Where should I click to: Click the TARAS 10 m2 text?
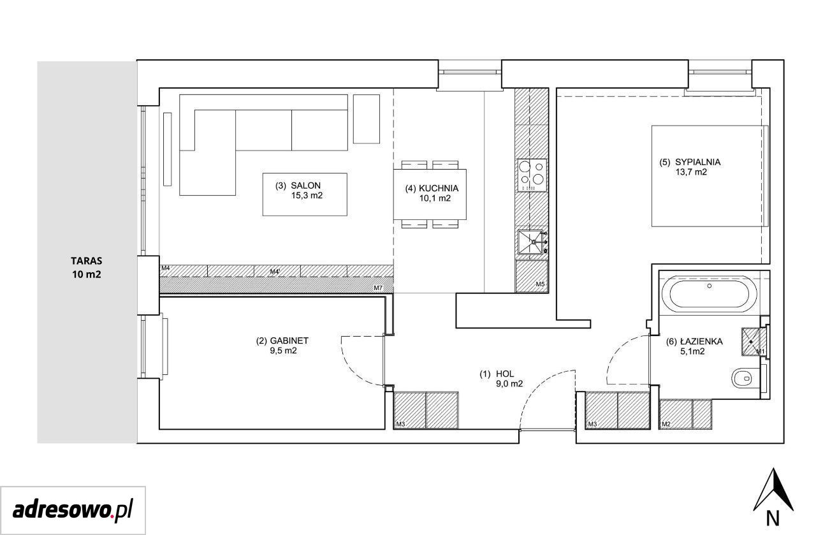pyautogui.click(x=86, y=268)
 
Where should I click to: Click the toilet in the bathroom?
pyautogui.click(x=743, y=378)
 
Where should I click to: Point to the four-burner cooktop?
pyautogui.click(x=532, y=175)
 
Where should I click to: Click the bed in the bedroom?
pyautogui.click(x=710, y=176)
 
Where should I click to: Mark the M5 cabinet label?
pyautogui.click(x=540, y=284)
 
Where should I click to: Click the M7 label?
pyautogui.click(x=378, y=288)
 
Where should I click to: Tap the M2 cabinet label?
pyautogui.click(x=666, y=424)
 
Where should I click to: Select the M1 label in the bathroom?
pyautogui.click(x=760, y=351)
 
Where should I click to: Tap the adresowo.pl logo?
pyautogui.click(x=73, y=511)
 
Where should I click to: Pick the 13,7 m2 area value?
pyautogui.click(x=691, y=172)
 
